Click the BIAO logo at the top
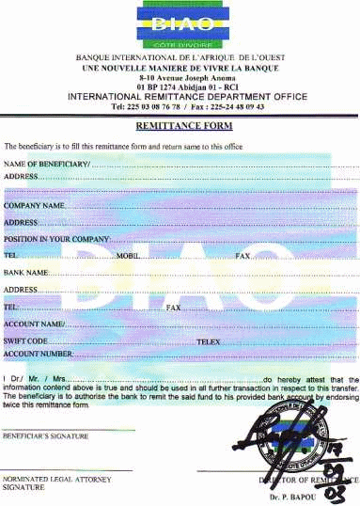180,25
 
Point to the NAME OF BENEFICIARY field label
47,165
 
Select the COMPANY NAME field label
35,204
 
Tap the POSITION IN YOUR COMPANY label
57,239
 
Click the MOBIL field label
127,256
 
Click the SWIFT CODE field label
26,340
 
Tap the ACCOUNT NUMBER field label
39,353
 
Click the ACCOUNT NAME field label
35,324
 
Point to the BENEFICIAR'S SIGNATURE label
45,436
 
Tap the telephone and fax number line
180,106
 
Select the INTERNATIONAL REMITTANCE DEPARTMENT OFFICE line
180,97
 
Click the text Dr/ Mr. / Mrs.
36,379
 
